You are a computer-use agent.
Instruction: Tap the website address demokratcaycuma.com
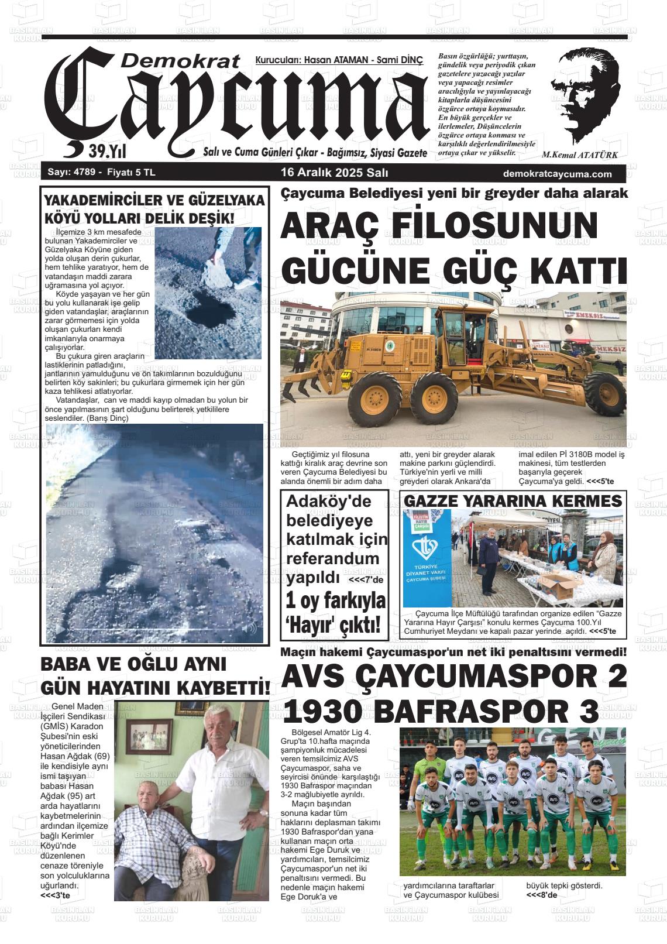point(556,174)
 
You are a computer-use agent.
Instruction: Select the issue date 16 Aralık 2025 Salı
point(335,173)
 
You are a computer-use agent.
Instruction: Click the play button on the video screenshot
point(60,629)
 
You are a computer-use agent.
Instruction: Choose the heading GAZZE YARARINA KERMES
point(513,501)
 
